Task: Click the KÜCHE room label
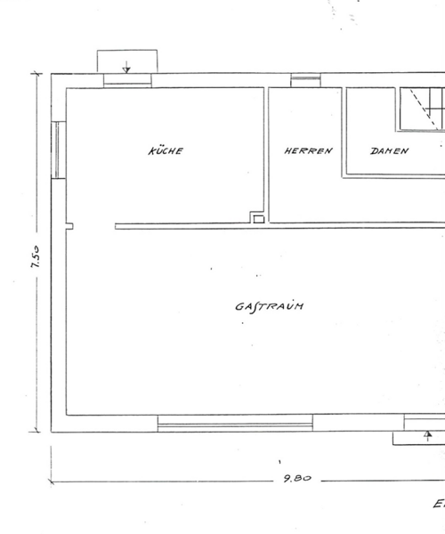coord(166,150)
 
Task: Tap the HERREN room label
coord(308,150)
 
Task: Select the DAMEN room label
coord(389,151)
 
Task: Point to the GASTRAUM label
coord(269,306)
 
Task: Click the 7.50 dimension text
coord(36,256)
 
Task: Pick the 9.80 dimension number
coord(297,479)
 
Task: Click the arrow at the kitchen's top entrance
coord(126,67)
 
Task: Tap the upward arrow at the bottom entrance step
coord(428,435)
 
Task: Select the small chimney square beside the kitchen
coord(259,220)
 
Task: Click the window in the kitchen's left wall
coord(58,150)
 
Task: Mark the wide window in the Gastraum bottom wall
coord(235,424)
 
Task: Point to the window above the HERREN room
coord(305,80)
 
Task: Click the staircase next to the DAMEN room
coord(422,109)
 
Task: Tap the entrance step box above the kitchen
coord(127,61)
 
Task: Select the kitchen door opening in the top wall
coord(127,81)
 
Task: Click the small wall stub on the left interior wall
coord(69,226)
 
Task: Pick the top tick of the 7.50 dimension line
coord(36,73)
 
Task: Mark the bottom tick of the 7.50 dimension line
coord(35,433)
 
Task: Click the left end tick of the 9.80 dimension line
coord(51,481)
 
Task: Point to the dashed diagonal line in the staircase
coord(424,109)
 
